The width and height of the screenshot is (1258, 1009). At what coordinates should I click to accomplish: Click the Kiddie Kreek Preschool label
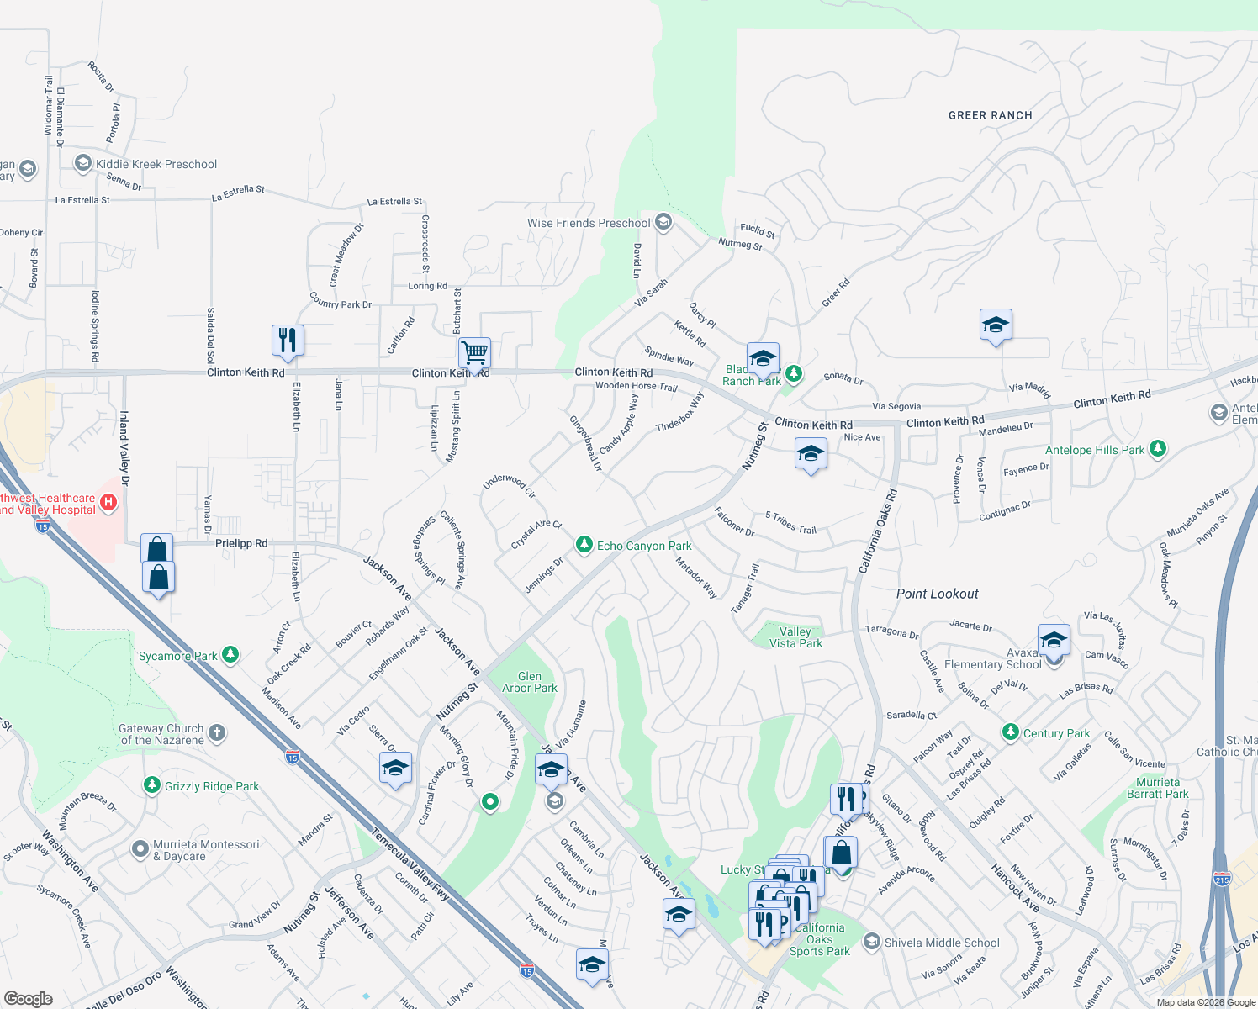point(156,164)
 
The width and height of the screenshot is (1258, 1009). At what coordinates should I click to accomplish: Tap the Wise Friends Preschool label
point(589,223)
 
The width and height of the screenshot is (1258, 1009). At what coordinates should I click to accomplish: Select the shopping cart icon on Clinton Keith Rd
point(474,352)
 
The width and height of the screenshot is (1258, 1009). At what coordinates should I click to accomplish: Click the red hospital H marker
point(108,503)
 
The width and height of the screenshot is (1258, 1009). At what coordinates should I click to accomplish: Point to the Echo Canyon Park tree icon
point(584,546)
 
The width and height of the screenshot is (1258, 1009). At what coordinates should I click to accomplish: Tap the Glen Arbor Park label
point(530,682)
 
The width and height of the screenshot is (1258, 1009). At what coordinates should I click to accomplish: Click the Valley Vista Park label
point(795,637)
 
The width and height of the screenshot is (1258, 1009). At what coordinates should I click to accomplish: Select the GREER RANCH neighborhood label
point(990,115)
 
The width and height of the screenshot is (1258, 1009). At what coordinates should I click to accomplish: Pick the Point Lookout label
point(937,594)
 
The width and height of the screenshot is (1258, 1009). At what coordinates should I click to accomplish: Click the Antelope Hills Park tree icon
point(1158,449)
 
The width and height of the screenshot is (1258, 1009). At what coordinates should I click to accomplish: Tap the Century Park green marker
point(1011,733)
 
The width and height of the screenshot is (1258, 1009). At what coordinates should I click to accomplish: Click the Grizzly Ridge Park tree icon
point(151,785)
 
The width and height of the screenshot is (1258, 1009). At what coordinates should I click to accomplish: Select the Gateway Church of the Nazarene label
point(161,734)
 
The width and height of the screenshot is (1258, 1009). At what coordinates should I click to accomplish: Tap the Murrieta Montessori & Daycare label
point(206,850)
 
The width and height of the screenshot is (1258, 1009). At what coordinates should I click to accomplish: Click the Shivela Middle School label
point(942,943)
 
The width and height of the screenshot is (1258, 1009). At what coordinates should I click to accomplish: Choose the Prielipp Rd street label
point(241,543)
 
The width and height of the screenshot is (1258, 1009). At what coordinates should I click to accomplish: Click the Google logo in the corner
point(29,998)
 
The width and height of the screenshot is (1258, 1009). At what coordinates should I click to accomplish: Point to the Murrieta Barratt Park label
point(1158,788)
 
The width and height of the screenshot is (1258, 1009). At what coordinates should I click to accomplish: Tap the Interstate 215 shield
point(1222,879)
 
